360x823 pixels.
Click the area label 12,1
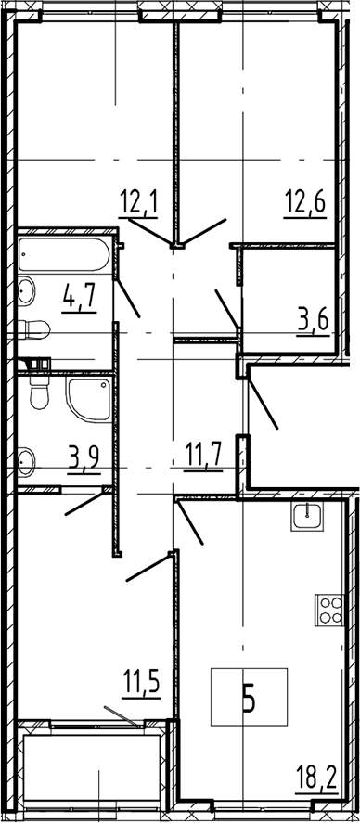138,204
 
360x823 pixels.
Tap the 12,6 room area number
305,204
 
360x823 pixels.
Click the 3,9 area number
84,459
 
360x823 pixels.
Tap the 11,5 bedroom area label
141,687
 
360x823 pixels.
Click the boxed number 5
249,697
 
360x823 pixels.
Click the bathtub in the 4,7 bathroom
64,255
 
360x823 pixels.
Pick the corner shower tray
88,399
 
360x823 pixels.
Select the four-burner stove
329,610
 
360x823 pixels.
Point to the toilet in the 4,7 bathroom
33,329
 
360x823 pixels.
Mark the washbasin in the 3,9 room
26,461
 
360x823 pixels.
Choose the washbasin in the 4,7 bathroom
26,290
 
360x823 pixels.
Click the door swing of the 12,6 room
204,231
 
